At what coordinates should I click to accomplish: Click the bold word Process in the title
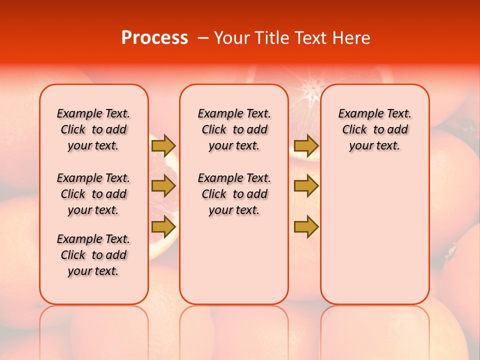tap(154, 38)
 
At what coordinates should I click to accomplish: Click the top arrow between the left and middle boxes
tap(163, 145)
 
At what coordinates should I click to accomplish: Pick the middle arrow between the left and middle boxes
tap(163, 186)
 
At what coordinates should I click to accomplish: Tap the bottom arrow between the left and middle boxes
tap(163, 226)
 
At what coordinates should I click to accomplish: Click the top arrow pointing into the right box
tap(306, 145)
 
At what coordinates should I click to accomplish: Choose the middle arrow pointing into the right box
tap(306, 186)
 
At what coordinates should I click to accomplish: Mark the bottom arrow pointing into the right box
tap(306, 226)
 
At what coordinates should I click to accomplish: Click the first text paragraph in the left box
tap(93, 129)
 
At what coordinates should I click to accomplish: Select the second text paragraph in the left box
tap(93, 194)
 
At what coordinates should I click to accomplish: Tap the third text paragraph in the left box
tap(93, 255)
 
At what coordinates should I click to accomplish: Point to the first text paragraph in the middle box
tap(234, 129)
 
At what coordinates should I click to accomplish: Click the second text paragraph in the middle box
tap(234, 194)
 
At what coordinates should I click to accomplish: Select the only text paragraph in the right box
tap(374, 129)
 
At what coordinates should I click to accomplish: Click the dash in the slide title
tap(203, 38)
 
